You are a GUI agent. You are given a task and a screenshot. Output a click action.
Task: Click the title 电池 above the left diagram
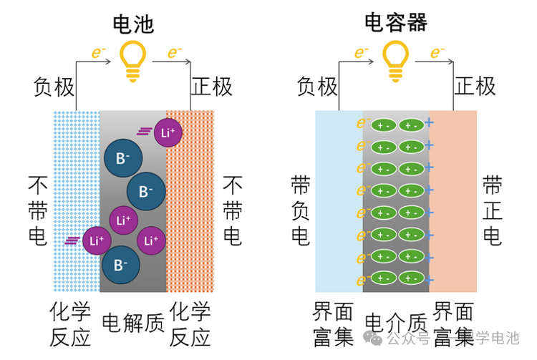click(x=133, y=23)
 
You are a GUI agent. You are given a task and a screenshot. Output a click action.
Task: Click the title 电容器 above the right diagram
click(x=396, y=23)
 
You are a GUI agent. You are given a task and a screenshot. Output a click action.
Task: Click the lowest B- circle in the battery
click(x=116, y=265)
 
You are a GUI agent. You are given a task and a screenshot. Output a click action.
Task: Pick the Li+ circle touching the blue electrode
click(x=96, y=240)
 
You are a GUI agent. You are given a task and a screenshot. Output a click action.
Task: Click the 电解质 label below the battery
click(x=134, y=322)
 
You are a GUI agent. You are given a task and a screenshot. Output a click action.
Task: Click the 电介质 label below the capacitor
click(x=396, y=322)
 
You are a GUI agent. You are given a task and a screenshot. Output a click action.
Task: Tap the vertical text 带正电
click(x=492, y=210)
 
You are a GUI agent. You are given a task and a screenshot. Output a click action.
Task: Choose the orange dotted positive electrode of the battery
click(x=190, y=200)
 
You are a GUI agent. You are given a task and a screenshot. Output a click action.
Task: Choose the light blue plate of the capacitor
click(x=338, y=200)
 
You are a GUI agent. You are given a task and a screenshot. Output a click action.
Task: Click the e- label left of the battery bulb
click(x=97, y=52)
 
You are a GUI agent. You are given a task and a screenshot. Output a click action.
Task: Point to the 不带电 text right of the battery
click(x=233, y=210)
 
